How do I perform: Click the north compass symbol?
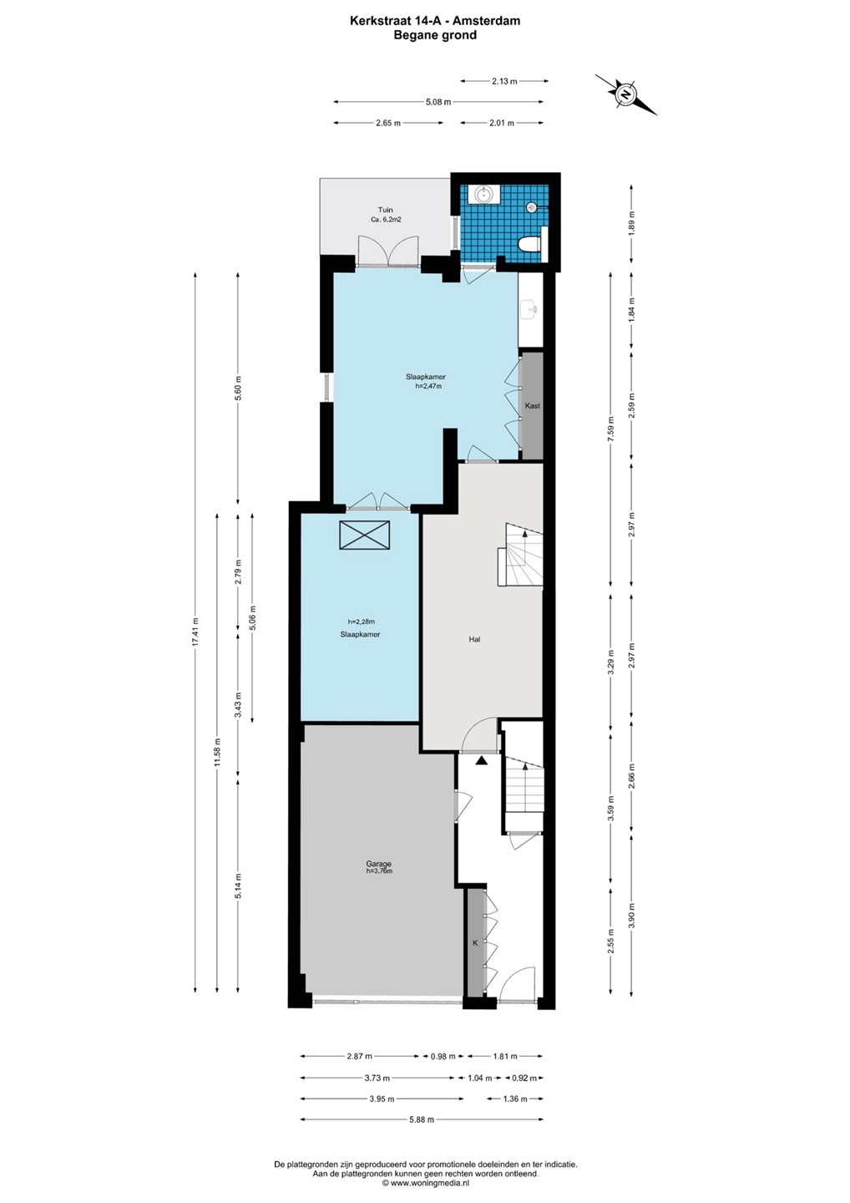(625, 94)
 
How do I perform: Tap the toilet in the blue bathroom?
(530, 244)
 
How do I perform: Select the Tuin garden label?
(385, 210)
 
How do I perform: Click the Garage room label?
(379, 864)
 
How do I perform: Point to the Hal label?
(474, 639)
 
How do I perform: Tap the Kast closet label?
(533, 406)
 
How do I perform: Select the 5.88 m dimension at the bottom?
(422, 1119)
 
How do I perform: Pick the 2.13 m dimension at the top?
(504, 81)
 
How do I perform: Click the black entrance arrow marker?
(481, 760)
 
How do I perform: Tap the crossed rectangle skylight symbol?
(365, 535)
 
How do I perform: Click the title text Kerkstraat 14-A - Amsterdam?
(435, 21)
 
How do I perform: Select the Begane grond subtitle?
(435, 35)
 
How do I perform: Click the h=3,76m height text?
(379, 871)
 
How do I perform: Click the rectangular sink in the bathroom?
(484, 194)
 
